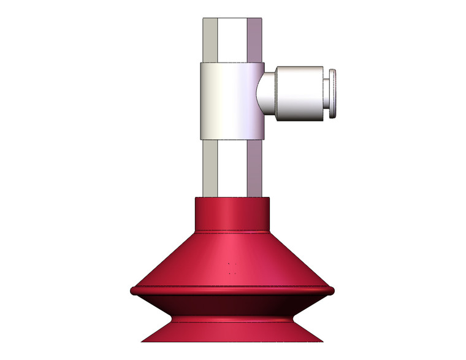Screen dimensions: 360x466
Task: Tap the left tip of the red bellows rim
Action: pos(133,290)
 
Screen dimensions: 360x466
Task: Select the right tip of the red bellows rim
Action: pos(331,290)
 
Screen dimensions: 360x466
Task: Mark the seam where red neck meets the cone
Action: pos(232,232)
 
